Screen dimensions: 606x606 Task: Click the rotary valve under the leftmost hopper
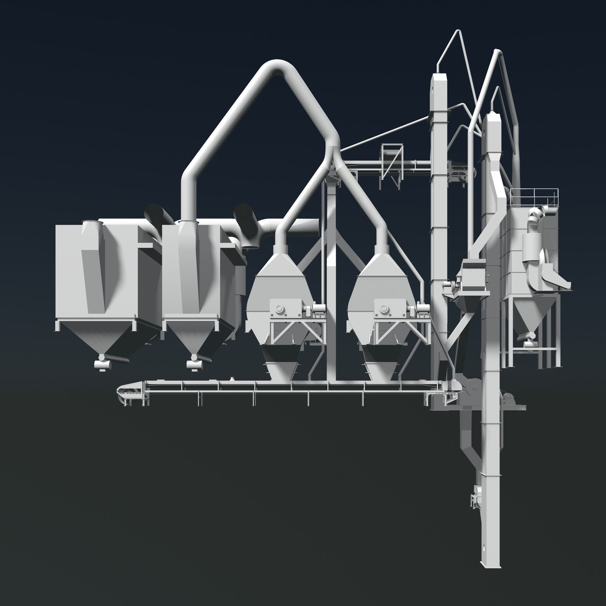click(102, 365)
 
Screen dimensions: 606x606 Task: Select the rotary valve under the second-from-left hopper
click(194, 365)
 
